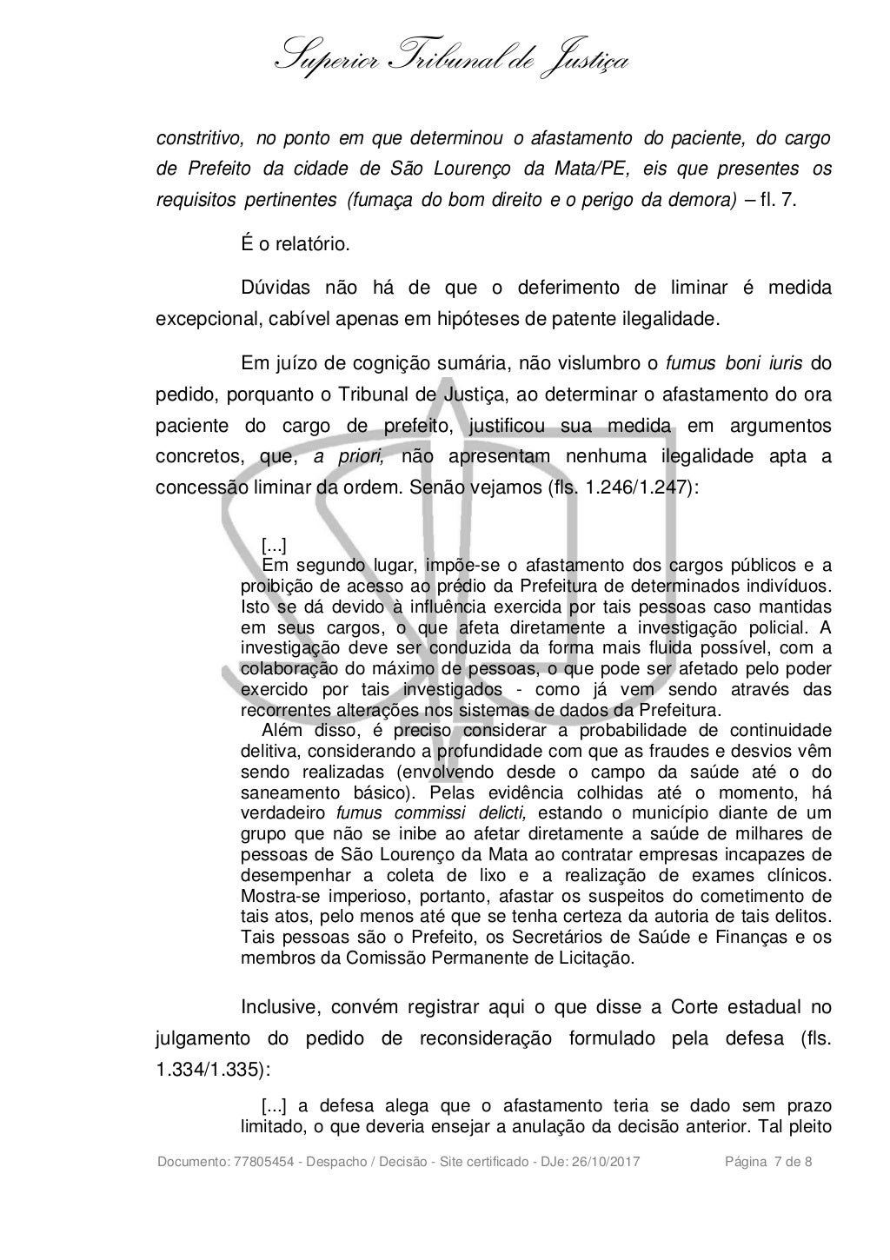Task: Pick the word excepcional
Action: [202, 317]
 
